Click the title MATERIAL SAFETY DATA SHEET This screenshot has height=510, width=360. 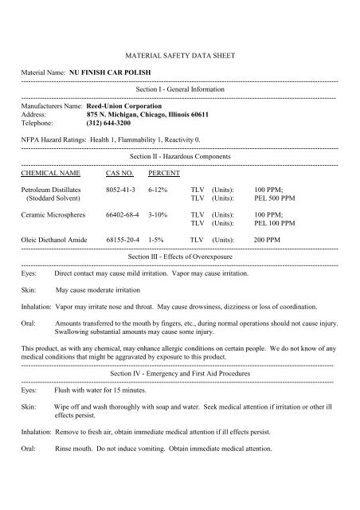pos(179,58)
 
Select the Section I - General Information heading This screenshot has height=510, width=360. pos(179,89)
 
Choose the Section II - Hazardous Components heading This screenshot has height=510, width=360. pos(179,158)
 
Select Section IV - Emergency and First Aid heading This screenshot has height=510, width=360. pos(179,373)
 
